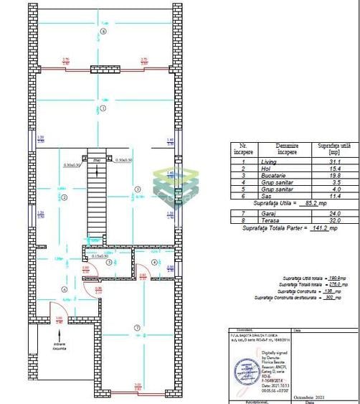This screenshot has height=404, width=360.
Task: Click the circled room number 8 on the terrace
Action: pos(103,32)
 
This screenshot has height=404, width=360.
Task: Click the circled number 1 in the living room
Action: pos(103,109)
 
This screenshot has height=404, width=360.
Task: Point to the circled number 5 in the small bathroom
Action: pos(108,263)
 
